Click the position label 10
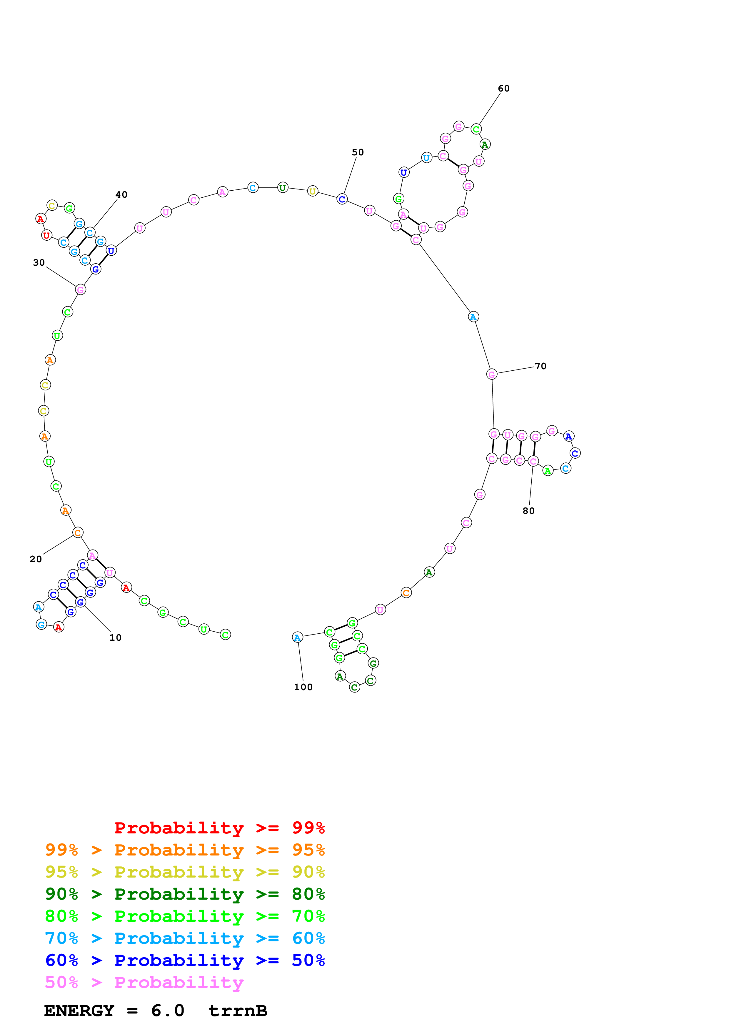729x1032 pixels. pyautogui.click(x=116, y=637)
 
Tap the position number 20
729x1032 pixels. pyautogui.click(x=36, y=559)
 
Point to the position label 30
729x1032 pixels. pyautogui.click(x=39, y=262)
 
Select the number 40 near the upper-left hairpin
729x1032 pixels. pyautogui.click(x=121, y=195)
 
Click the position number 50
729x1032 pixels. pyautogui.click(x=358, y=152)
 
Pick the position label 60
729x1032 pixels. pyautogui.click(x=503, y=89)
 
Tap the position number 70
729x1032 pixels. pyautogui.click(x=540, y=366)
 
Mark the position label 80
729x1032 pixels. pyautogui.click(x=529, y=511)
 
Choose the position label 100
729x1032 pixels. pyautogui.click(x=303, y=687)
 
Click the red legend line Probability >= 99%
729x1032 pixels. pyautogui.click(x=219, y=828)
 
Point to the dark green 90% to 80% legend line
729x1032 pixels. pyautogui.click(x=185, y=894)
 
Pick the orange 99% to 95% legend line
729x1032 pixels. pyautogui.click(x=185, y=850)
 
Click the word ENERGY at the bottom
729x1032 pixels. pyautogui.click(x=79, y=1011)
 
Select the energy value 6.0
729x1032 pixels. pyautogui.click(x=168, y=1011)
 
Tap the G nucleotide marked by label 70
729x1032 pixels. pyautogui.click(x=492, y=374)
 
